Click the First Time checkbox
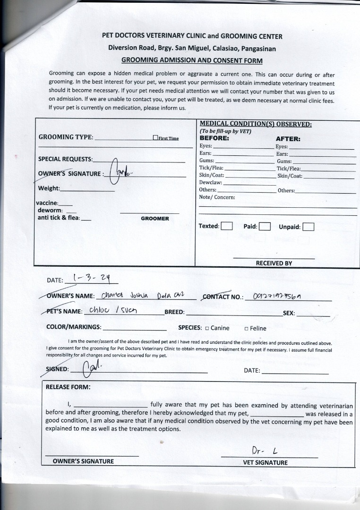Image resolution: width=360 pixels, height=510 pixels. coord(155,138)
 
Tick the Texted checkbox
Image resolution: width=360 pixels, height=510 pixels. coord(227,226)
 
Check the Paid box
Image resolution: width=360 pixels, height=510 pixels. coord(264,226)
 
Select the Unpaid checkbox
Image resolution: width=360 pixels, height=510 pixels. coord(308,227)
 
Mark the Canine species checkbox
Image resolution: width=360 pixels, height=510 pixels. coord(207,328)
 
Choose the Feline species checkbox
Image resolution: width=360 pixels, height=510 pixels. coord(246,329)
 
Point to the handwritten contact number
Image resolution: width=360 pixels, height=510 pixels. coord(277,296)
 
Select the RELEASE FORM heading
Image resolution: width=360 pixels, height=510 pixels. coord(68,387)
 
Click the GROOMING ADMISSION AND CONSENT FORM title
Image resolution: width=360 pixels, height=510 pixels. coord(192,60)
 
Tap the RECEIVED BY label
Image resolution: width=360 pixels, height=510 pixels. coord(274,263)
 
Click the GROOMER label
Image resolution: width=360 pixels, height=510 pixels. coord(154,219)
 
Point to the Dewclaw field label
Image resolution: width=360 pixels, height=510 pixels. coord(210,183)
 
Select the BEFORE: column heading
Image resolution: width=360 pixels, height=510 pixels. coord(214,138)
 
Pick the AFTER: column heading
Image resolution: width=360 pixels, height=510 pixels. coord(288,139)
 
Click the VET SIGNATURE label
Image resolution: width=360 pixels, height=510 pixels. coord(265,463)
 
